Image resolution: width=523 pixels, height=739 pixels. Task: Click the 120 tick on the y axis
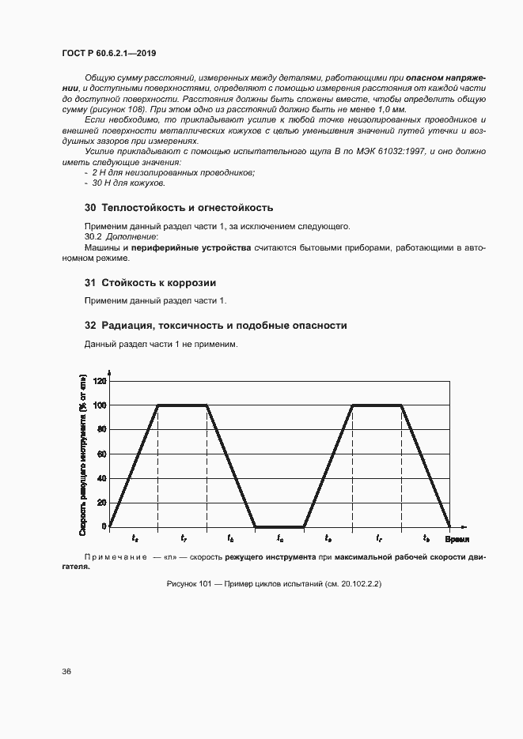(100, 381)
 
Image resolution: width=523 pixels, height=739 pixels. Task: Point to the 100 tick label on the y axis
(100, 405)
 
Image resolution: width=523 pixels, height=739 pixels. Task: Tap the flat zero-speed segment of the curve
(279, 526)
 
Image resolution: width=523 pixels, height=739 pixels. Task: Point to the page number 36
(67, 672)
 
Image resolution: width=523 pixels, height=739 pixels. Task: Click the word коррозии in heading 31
(191, 283)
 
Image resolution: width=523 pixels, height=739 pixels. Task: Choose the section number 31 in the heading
(89, 283)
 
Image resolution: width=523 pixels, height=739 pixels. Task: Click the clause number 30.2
(93, 236)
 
